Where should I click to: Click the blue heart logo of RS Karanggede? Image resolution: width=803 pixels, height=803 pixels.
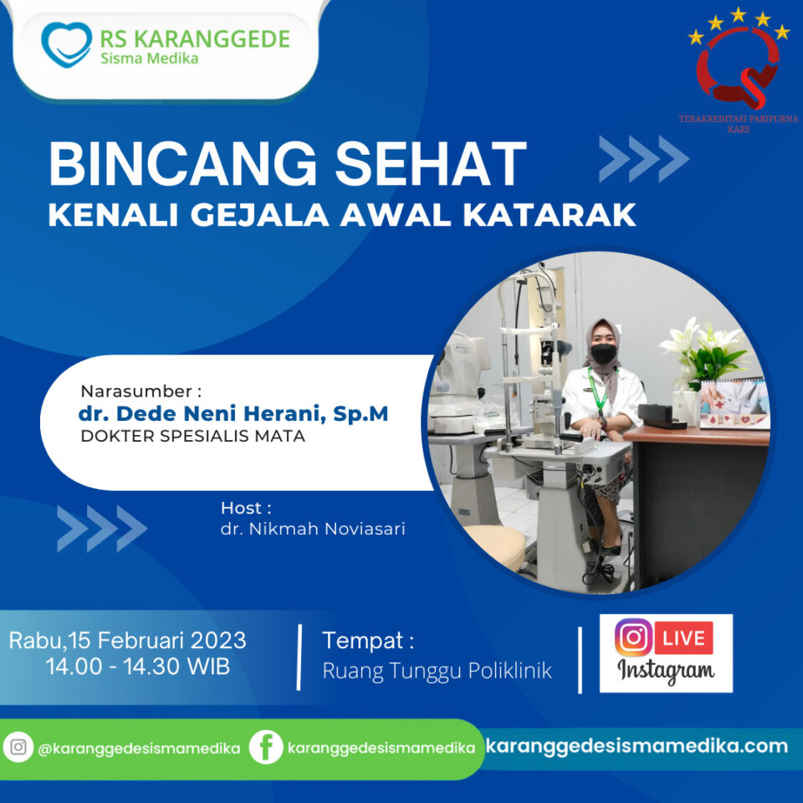click(x=67, y=45)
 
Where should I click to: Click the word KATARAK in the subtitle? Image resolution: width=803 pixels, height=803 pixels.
click(x=550, y=215)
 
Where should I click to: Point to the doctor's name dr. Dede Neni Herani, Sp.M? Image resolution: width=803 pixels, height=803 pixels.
click(x=233, y=413)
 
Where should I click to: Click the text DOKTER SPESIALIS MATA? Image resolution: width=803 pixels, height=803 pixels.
click(x=193, y=437)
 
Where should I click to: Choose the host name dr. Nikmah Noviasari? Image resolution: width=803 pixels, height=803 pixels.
click(x=313, y=529)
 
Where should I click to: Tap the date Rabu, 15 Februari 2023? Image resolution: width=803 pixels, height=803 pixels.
click(x=127, y=641)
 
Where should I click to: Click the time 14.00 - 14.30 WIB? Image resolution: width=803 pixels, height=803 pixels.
click(x=137, y=667)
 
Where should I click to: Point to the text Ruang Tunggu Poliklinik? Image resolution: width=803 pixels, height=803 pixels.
click(x=437, y=671)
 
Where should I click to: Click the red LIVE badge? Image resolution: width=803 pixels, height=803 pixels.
click(x=683, y=638)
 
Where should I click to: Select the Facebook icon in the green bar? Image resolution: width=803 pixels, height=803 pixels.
click(x=266, y=747)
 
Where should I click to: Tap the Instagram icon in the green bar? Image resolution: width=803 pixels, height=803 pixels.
click(x=18, y=747)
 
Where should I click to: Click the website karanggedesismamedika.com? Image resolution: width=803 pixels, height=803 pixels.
click(x=637, y=746)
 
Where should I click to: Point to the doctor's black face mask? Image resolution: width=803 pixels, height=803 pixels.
click(x=603, y=354)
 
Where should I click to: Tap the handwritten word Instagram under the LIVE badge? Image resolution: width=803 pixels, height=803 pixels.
click(x=666, y=670)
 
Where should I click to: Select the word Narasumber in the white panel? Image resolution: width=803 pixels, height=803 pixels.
click(x=136, y=391)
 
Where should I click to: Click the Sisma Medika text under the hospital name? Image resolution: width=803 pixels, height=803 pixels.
click(x=149, y=59)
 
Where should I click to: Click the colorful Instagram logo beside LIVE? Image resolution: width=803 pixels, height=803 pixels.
click(x=633, y=637)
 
